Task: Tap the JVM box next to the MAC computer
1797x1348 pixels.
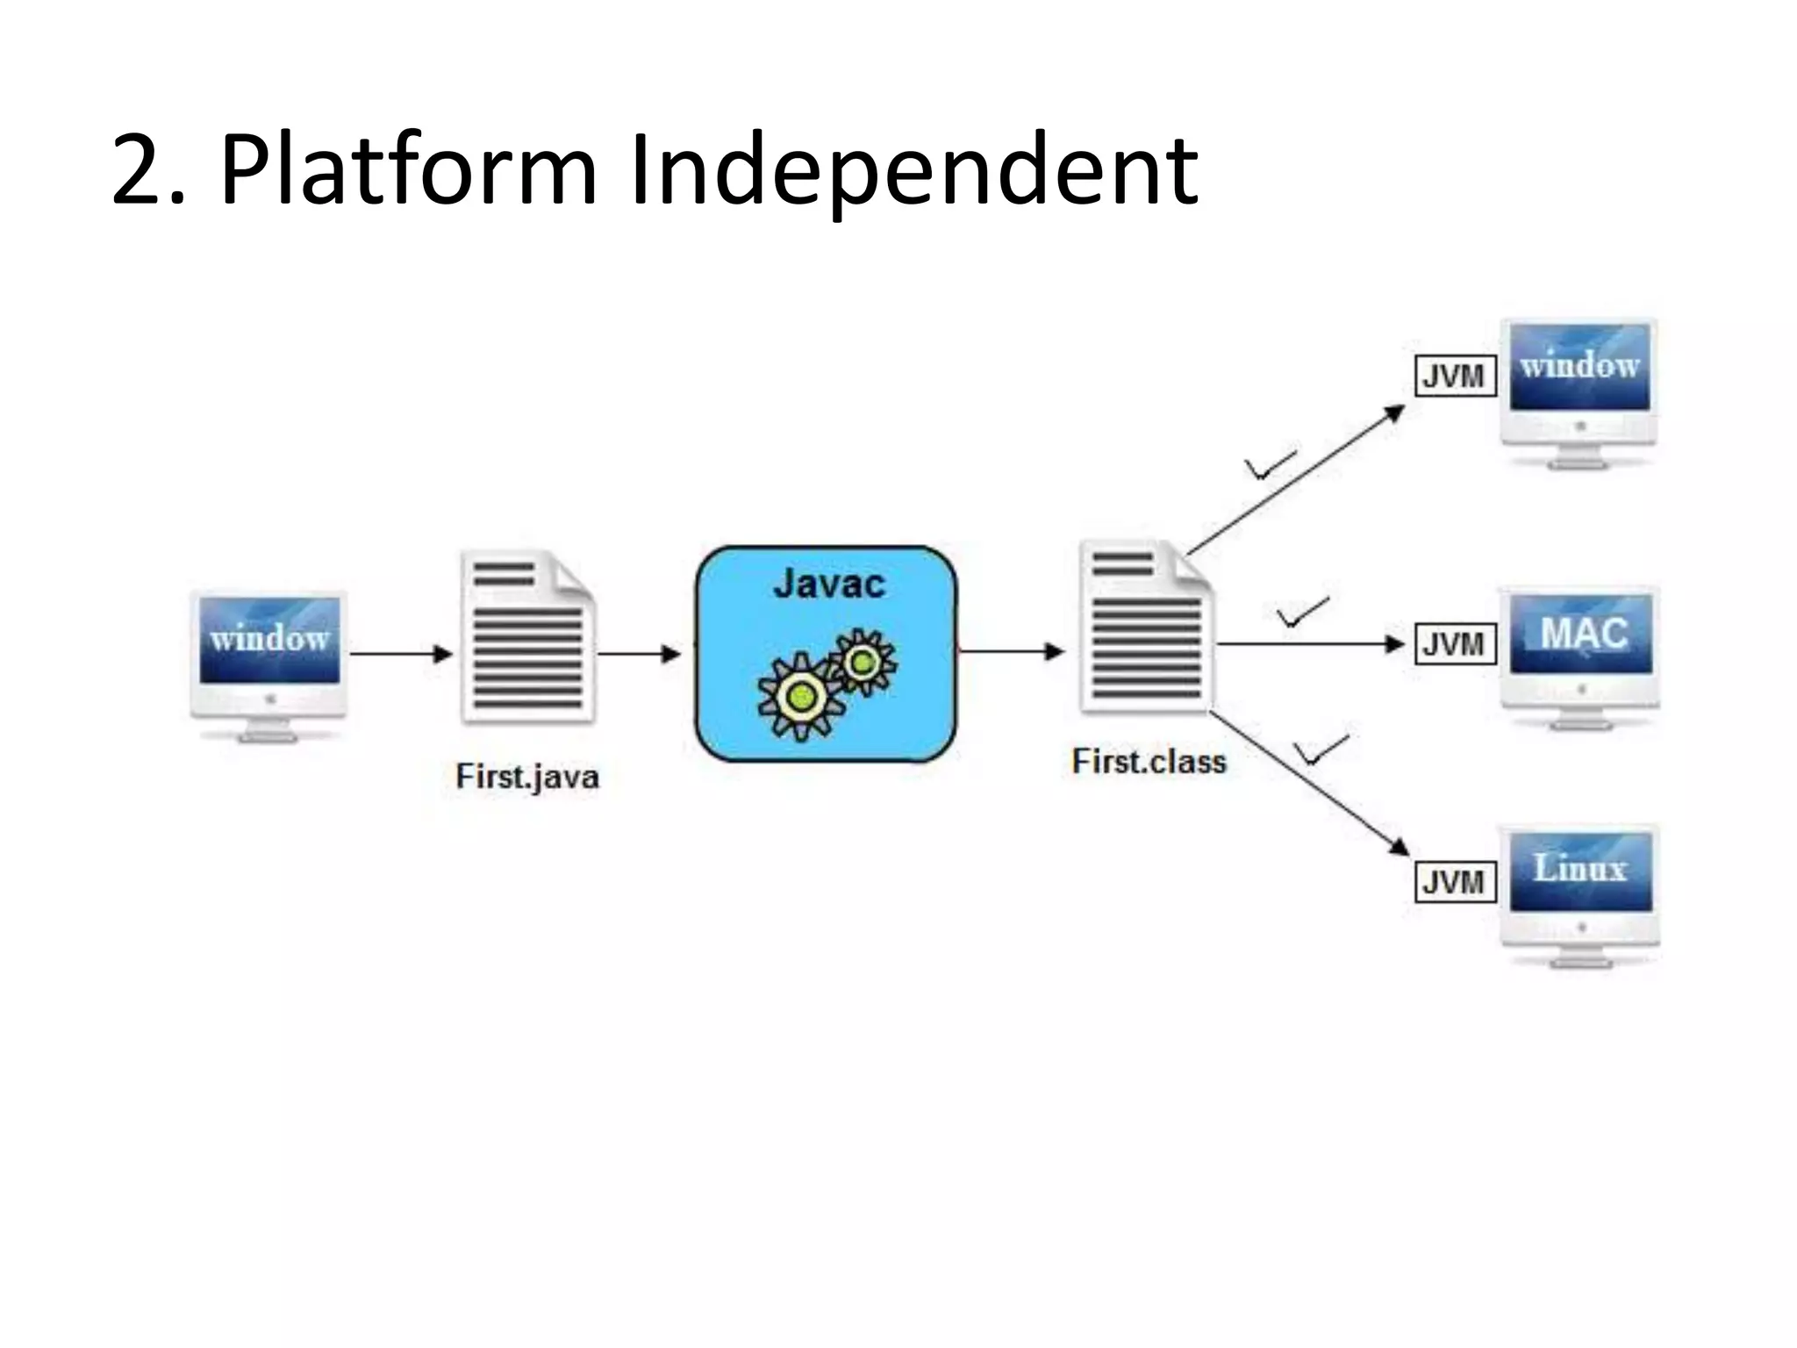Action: [x=1454, y=644]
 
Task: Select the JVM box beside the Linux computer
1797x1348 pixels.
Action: [x=1454, y=881]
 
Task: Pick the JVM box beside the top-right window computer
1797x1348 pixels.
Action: [x=1454, y=376]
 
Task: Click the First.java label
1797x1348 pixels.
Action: [x=527, y=777]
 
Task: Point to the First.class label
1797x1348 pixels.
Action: [x=1149, y=761]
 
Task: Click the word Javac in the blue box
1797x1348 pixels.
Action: [x=828, y=584]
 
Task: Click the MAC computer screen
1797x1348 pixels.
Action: [x=1581, y=634]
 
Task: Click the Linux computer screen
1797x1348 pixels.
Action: [x=1580, y=870]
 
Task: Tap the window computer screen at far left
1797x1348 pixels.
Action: [x=269, y=639]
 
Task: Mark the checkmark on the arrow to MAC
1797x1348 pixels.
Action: [x=1301, y=613]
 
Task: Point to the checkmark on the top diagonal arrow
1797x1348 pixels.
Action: [x=1270, y=466]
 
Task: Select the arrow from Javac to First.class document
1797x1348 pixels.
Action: [x=1011, y=651]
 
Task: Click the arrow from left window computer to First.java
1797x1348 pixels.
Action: [x=401, y=653]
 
